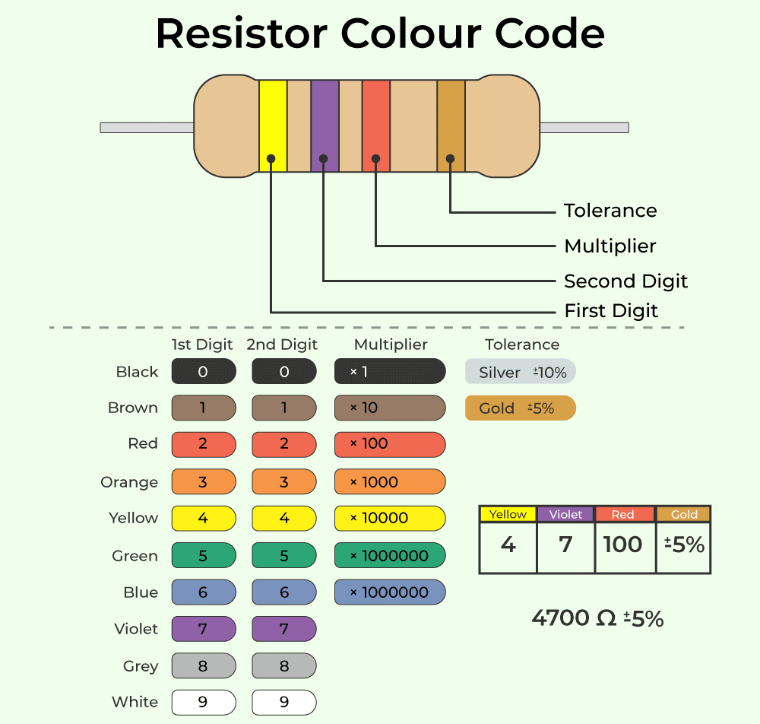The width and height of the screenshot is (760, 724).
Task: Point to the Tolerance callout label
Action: tap(610, 211)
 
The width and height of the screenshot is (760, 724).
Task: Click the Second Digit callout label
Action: tap(625, 281)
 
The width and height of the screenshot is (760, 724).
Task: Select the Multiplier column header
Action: tap(391, 345)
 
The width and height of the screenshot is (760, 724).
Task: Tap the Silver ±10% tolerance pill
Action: tap(521, 372)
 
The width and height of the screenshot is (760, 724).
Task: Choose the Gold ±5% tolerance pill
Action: tap(521, 408)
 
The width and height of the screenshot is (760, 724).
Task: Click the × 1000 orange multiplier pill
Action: tap(390, 481)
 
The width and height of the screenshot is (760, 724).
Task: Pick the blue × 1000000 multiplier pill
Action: tap(390, 592)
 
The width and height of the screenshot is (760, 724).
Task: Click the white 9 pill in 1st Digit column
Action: tap(204, 702)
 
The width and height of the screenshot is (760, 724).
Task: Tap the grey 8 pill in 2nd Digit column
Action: tap(284, 666)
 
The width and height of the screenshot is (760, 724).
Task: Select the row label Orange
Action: tap(129, 482)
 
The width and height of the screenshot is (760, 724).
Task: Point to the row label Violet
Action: tap(136, 629)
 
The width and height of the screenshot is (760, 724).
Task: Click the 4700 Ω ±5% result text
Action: tap(597, 618)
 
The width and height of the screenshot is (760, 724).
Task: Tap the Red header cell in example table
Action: tap(623, 514)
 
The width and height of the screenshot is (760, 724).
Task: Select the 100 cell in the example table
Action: tap(623, 545)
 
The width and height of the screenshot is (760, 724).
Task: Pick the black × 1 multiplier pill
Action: tap(390, 372)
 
